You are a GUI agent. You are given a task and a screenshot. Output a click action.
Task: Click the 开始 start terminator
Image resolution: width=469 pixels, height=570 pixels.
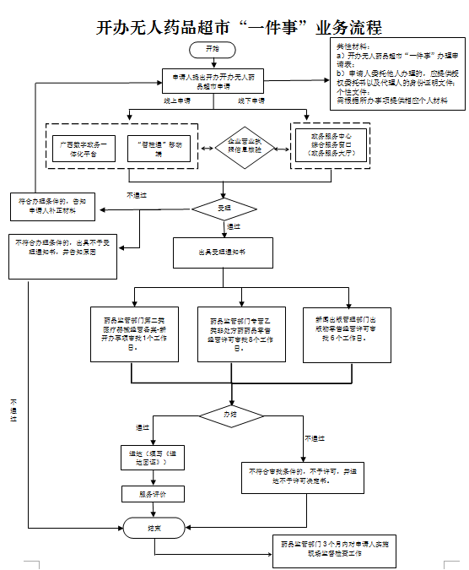point(213,50)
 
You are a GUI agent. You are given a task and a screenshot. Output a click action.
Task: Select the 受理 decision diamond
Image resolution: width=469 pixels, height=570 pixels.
point(224,207)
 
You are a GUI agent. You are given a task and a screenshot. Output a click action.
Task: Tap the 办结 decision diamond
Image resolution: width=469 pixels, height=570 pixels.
point(230,415)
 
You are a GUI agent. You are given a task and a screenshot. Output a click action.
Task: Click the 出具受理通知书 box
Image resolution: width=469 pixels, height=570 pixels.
point(224,252)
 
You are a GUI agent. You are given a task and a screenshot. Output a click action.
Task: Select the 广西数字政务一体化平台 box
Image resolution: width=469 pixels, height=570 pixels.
point(84,149)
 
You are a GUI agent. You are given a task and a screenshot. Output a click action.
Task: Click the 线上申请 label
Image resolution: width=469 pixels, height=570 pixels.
point(176,100)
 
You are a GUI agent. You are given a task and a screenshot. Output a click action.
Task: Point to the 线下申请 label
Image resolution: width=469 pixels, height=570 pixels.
point(251,100)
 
